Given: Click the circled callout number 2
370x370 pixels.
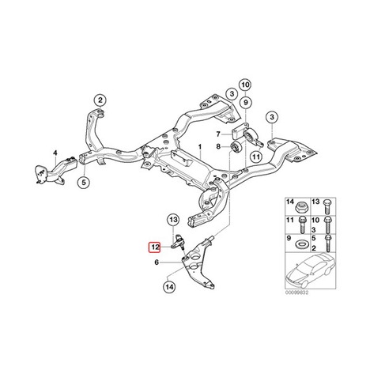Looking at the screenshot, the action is coord(100,100).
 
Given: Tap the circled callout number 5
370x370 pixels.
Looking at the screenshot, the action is coord(84,182).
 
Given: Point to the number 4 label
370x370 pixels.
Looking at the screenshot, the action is coord(55,153).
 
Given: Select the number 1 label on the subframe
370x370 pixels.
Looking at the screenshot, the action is coord(200,147).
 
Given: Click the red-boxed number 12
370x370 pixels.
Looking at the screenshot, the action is coord(154,247).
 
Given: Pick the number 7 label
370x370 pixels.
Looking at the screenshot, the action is coord(218,134).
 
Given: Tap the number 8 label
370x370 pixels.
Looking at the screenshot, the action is coord(218,146).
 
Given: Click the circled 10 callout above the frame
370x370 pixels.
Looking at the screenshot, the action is coord(245,85).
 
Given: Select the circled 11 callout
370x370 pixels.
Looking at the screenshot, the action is coord(256,157).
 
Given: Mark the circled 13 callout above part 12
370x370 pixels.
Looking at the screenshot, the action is coord(174,219).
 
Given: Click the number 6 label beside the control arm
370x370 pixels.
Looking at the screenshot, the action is coord(157,262).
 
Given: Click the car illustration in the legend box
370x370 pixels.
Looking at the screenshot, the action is coord(311,270).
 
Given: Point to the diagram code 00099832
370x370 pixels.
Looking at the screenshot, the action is coord(296,293).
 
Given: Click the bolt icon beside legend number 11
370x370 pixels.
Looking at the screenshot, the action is coord(302,225).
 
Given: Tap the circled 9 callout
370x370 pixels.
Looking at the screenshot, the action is coord(246,102).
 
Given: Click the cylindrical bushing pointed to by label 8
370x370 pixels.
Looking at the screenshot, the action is coord(236,147).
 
